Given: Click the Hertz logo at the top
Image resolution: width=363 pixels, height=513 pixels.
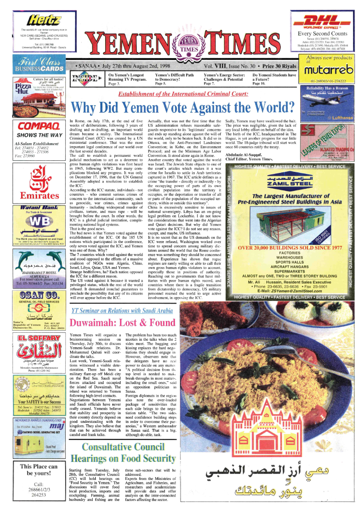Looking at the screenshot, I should tap(39, 21).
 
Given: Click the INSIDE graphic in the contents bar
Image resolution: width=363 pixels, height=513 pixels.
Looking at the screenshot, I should tap(87, 79).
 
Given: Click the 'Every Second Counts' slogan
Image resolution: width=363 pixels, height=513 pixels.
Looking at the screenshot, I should tap(323, 34).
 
